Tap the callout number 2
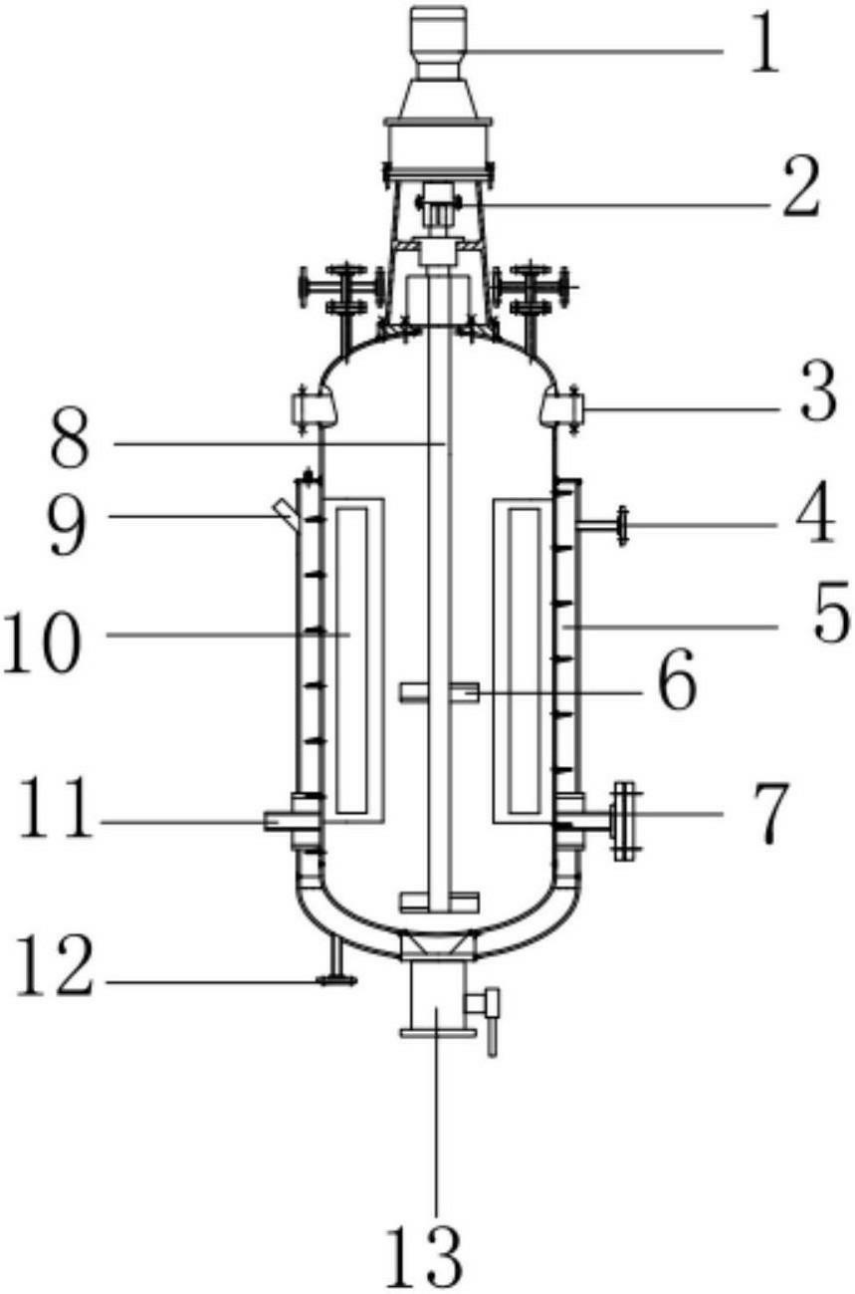pos(801,187)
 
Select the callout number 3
pos(818,390)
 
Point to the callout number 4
pos(816,514)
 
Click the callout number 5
pos(831,612)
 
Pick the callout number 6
pos(678,679)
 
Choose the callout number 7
pos(769,815)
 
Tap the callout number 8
pos(70,437)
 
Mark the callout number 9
pos(68,527)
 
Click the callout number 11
pos(56,808)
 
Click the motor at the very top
pos(439,43)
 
